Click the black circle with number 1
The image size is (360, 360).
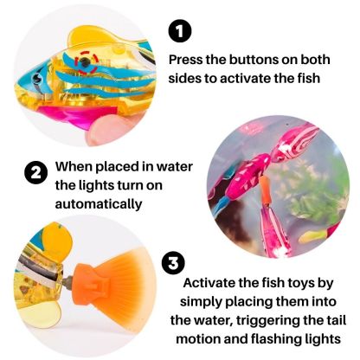coord(179,33)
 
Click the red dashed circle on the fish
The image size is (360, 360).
coord(85,61)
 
